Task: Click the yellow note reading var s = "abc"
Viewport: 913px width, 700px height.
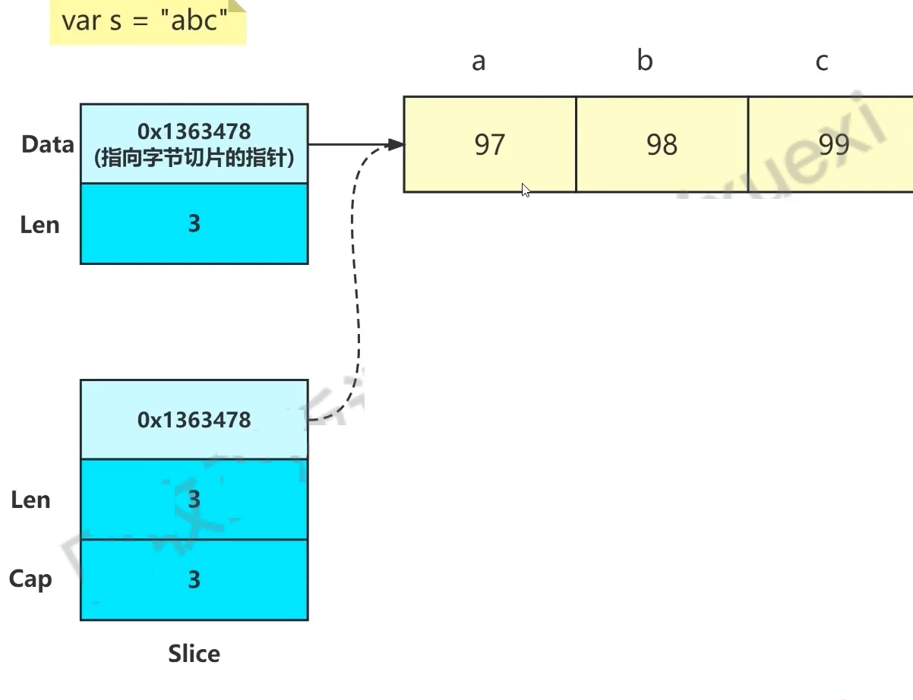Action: (x=146, y=20)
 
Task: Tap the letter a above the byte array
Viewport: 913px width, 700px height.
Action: (x=479, y=61)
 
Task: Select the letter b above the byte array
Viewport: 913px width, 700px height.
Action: (x=645, y=61)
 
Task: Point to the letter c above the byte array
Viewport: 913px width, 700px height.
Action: (x=822, y=61)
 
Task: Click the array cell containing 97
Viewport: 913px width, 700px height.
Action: (x=489, y=144)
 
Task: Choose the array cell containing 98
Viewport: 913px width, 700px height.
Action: (x=662, y=144)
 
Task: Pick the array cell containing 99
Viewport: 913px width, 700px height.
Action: (x=832, y=144)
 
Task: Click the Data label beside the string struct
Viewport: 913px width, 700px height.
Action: (x=47, y=144)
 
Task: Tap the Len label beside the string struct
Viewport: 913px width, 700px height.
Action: (x=39, y=225)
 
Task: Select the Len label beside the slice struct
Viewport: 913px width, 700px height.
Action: (x=30, y=500)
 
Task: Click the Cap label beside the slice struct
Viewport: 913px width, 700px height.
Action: (x=30, y=579)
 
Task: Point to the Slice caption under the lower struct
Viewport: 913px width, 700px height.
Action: (x=194, y=654)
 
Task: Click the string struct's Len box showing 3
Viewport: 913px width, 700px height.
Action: (x=194, y=224)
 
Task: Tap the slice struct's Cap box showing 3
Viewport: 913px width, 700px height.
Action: (x=194, y=580)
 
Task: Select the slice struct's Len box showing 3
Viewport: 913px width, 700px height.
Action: (x=194, y=500)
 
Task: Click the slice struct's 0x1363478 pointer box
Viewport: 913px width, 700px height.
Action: (x=194, y=420)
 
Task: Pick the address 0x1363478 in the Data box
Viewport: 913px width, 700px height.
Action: (x=194, y=131)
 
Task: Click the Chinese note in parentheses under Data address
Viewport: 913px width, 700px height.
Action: (x=194, y=159)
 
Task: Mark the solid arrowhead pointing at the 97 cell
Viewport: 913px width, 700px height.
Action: (x=396, y=144)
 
